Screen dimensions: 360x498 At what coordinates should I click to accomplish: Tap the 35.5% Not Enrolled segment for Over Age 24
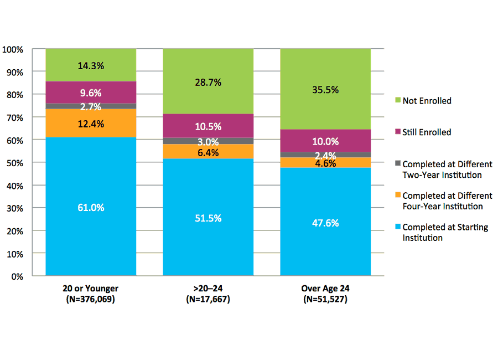click(x=325, y=89)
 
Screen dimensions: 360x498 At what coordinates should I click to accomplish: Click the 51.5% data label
click(x=208, y=218)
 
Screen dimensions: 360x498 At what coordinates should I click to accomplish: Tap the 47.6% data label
click(x=325, y=223)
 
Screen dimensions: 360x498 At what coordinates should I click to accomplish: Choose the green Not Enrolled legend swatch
click(x=397, y=100)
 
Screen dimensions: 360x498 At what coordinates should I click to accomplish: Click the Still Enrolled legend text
click(x=427, y=132)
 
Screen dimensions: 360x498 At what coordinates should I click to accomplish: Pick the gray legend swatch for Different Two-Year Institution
click(x=397, y=164)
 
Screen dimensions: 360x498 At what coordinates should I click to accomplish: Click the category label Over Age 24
click(x=325, y=289)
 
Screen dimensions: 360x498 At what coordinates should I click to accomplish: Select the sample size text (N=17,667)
click(x=208, y=299)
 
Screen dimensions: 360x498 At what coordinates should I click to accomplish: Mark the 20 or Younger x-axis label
click(x=91, y=289)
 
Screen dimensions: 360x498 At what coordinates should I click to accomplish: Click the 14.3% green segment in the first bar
click(x=91, y=65)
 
